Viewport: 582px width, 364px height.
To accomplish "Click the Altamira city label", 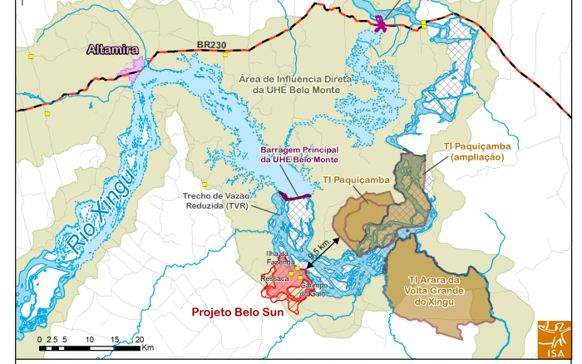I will tap(112, 49).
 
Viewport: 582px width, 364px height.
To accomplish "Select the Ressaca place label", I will tap(274, 279).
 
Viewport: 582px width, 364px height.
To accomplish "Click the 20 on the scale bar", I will tap(140, 341).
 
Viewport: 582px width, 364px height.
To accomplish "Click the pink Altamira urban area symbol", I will tap(133, 68).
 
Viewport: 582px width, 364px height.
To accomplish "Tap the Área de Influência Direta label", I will tap(298, 83).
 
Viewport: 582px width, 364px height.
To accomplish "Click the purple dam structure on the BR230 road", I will tap(382, 23).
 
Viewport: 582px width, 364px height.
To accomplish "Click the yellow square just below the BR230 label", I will tap(225, 56).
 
